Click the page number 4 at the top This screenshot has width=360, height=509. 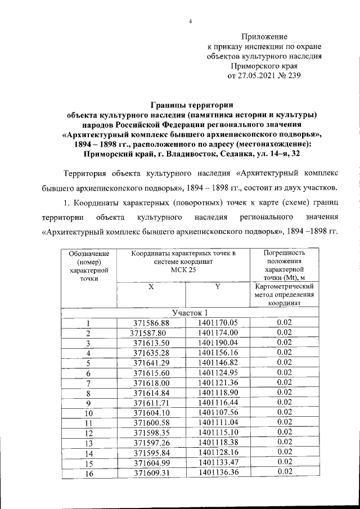click(x=190, y=21)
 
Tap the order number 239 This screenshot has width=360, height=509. click(x=293, y=77)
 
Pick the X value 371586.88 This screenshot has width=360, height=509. click(x=151, y=323)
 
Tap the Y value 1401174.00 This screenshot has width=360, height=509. click(x=218, y=333)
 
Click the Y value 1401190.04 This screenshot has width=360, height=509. click(x=218, y=343)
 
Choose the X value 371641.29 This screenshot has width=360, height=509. click(x=151, y=363)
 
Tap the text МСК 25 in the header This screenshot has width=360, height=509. click(x=183, y=269)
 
